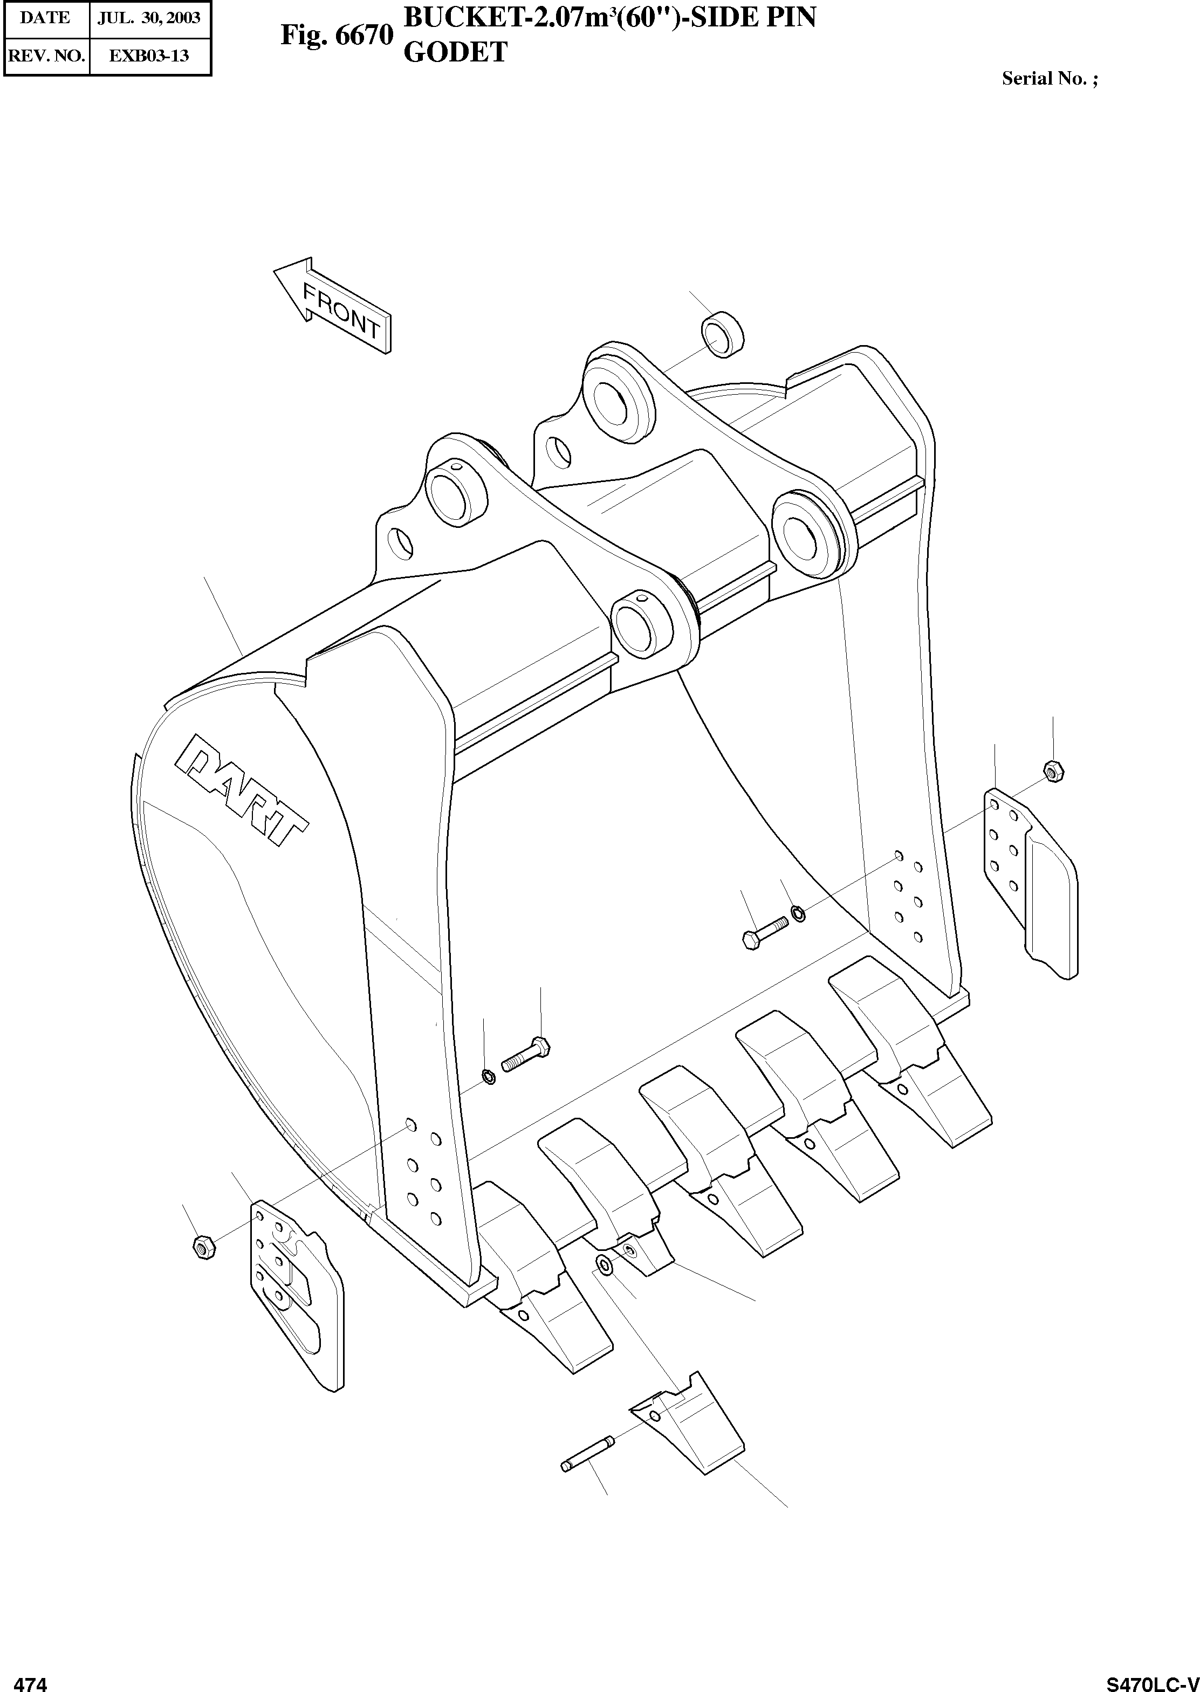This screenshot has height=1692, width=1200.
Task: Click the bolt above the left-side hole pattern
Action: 525,1054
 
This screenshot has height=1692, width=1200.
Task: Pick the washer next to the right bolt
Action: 799,914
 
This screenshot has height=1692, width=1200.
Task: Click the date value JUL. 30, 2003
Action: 149,18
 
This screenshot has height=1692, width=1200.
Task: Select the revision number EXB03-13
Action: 149,56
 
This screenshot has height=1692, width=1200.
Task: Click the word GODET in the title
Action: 455,52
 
